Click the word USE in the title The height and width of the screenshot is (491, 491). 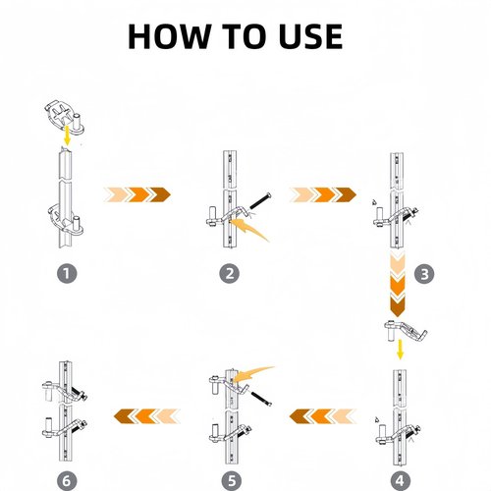(x=310, y=36)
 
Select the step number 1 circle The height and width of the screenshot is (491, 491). (x=67, y=273)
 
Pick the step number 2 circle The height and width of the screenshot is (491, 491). (x=230, y=273)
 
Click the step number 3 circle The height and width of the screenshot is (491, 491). (x=424, y=274)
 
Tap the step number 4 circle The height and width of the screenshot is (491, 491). (x=400, y=481)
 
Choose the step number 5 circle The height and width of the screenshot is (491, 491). (x=232, y=481)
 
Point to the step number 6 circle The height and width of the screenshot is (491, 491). (x=67, y=481)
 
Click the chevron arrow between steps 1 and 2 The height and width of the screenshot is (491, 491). (x=137, y=194)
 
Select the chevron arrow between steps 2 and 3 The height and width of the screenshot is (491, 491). (x=323, y=194)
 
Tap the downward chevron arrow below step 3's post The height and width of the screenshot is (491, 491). (x=398, y=284)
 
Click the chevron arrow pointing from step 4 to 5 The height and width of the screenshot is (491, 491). (x=323, y=416)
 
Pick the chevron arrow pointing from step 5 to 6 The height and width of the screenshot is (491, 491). (x=147, y=416)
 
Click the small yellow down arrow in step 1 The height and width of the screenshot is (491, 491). (x=67, y=136)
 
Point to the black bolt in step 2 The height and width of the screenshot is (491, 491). (x=260, y=201)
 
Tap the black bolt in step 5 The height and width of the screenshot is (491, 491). (x=261, y=399)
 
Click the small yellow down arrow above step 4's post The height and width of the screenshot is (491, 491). (x=400, y=350)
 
